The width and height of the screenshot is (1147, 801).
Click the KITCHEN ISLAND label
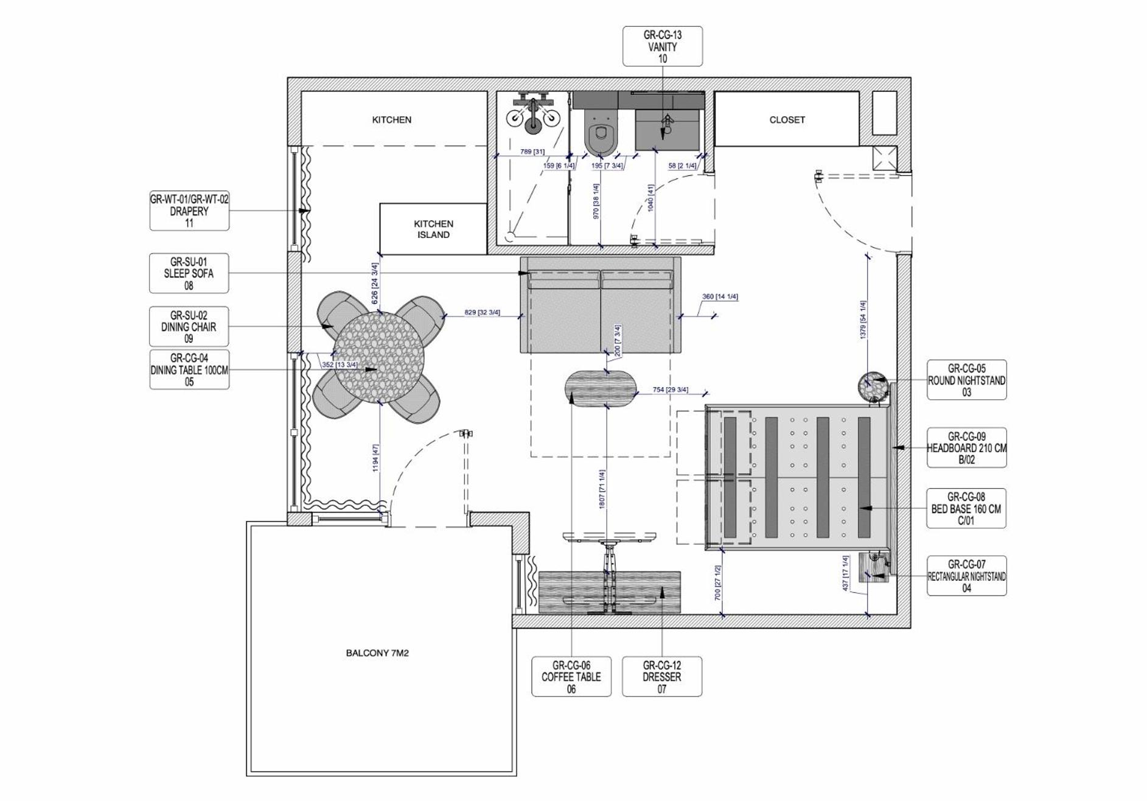(433, 229)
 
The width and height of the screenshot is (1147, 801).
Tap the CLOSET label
(787, 120)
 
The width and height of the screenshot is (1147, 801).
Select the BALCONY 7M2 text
(377, 653)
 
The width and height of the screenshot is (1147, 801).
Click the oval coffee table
(601, 389)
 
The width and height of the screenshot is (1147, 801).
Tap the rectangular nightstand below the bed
(874, 567)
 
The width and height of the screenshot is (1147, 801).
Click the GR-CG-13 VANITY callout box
(662, 46)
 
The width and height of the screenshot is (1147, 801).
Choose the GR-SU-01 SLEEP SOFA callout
(189, 273)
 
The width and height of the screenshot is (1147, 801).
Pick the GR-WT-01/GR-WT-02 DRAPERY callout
(189, 211)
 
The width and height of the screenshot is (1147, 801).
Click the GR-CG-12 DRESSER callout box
(662, 676)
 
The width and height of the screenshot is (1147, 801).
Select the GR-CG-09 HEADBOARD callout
(966, 447)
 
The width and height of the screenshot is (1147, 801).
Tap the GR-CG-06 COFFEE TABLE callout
(571, 676)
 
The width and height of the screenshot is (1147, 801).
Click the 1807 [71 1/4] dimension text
(602, 489)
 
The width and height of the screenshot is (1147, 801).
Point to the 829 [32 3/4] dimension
(482, 312)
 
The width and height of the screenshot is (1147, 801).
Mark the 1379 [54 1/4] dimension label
(863, 320)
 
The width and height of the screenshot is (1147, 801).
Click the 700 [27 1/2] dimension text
(718, 583)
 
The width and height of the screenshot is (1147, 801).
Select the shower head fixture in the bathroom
(533, 114)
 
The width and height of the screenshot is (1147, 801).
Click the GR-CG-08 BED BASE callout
(966, 508)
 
